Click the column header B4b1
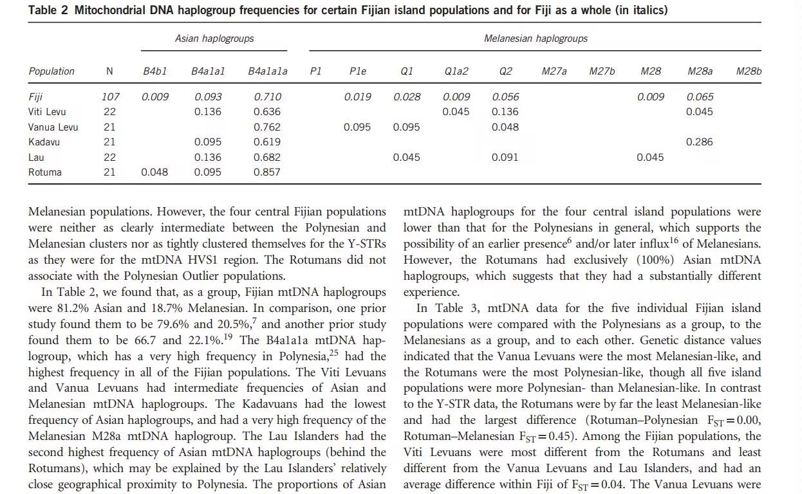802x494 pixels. click(x=154, y=71)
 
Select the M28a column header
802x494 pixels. click(x=700, y=71)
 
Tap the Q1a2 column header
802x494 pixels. click(x=456, y=71)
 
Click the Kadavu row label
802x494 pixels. click(x=44, y=142)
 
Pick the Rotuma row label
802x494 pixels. click(x=45, y=172)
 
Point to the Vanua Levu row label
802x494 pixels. click(x=53, y=127)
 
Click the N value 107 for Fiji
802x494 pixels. click(x=110, y=97)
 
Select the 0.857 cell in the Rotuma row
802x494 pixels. click(x=267, y=172)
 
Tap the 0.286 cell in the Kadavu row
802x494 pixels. click(x=700, y=142)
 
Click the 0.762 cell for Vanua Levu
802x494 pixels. click(x=267, y=127)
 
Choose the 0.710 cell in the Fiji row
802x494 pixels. click(x=267, y=97)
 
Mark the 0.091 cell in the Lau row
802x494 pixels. click(x=505, y=158)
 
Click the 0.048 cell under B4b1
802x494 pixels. click(x=154, y=172)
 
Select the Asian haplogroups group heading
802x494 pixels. click(x=214, y=39)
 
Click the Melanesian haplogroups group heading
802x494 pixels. click(x=536, y=39)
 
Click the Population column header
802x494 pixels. click(x=51, y=71)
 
